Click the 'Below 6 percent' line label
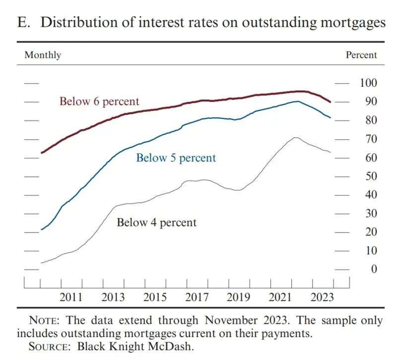pos(99,102)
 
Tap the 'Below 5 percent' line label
pos(176,158)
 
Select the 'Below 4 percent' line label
pos(156,223)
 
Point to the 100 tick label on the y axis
pos(368,83)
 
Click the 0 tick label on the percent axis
pos(368,269)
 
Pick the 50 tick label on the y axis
pos(368,176)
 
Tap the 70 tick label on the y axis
pos(368,139)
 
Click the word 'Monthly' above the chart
pos(43,55)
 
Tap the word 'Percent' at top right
pos(361,55)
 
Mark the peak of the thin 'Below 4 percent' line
pos(295,137)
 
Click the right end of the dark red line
pos(331,102)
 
